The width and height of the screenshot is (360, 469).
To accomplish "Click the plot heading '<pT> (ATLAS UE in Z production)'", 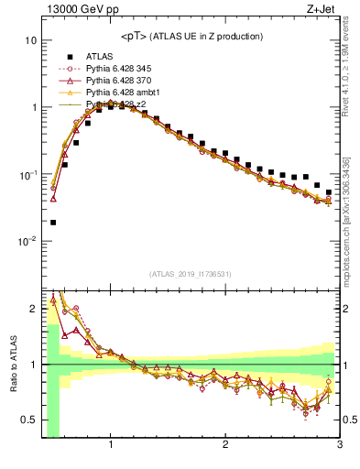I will point(191,37).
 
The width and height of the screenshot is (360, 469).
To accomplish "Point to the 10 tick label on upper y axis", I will point(30,40).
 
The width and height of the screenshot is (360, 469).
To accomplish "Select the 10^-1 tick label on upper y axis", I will point(27,174).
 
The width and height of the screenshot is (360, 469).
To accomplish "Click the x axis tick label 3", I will point(339,446).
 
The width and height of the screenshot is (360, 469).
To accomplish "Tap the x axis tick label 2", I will point(225,446).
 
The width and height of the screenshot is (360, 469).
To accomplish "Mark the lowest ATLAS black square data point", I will point(53,222).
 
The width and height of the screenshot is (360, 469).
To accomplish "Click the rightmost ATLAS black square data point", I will point(329,192).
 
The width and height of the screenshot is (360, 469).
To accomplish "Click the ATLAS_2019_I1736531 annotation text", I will point(191,274).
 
